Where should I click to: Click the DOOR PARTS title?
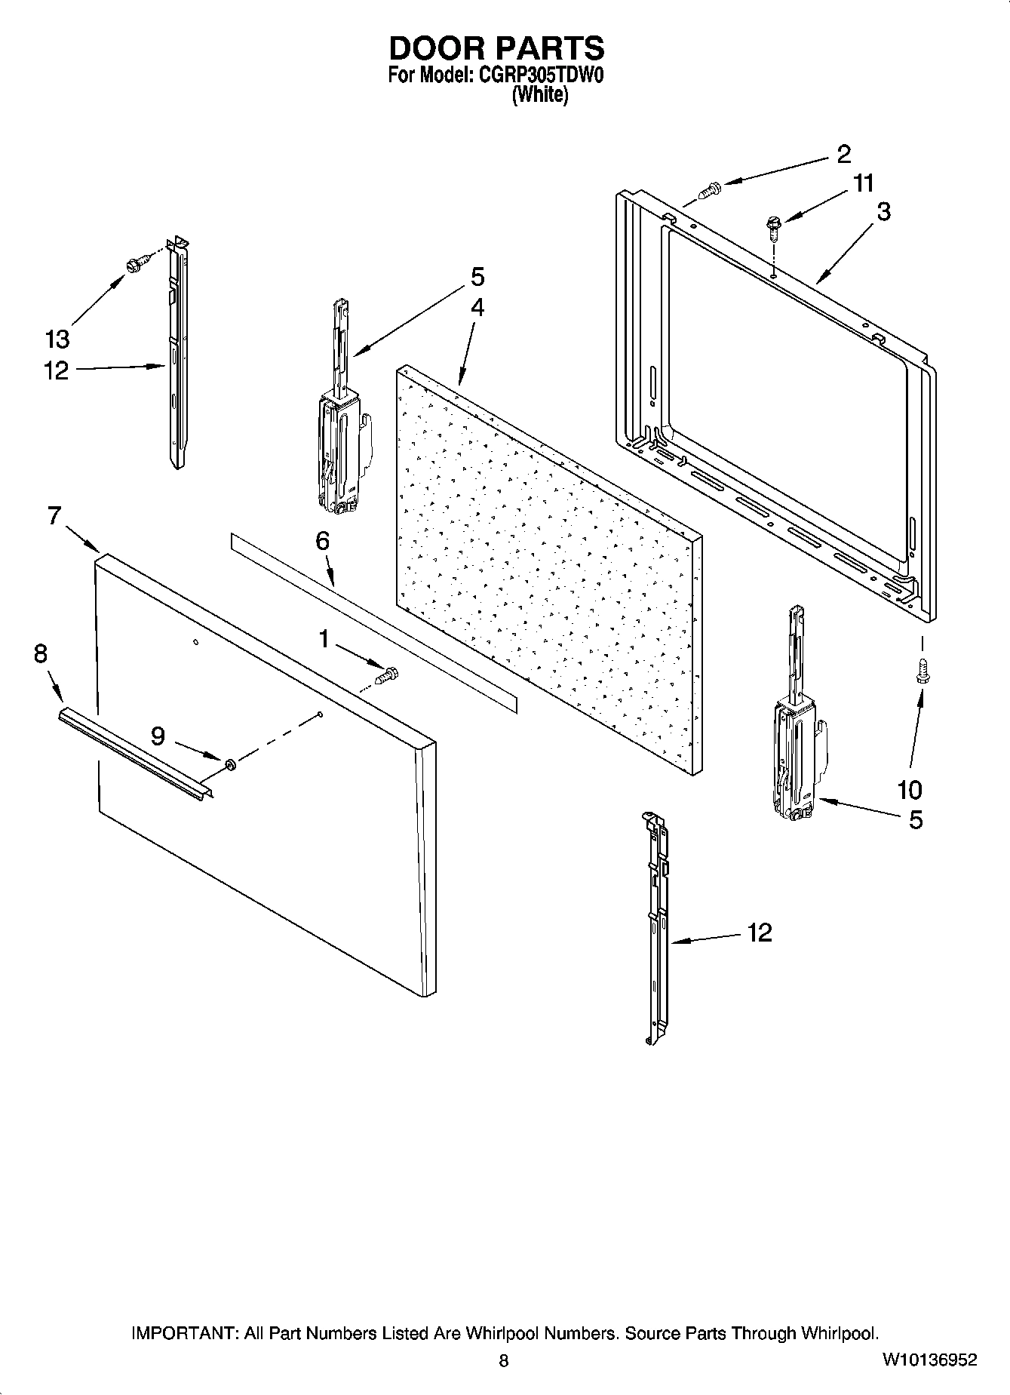click(496, 48)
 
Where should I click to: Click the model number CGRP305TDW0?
click(539, 75)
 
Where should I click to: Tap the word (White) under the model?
click(539, 95)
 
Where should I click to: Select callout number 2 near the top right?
click(843, 154)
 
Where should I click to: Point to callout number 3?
click(883, 212)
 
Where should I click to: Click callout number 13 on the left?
click(57, 339)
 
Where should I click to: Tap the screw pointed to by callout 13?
click(137, 264)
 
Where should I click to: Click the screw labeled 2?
click(709, 189)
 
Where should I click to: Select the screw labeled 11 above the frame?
click(774, 226)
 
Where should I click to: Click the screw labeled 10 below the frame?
click(921, 671)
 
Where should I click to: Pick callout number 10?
click(910, 790)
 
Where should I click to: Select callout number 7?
click(54, 515)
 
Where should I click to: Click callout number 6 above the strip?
click(322, 541)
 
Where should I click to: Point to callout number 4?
click(477, 308)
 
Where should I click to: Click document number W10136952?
click(929, 1360)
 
